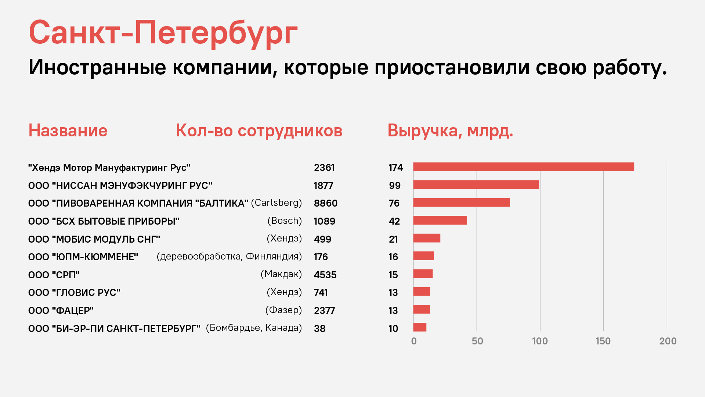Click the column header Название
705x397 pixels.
(x=68, y=130)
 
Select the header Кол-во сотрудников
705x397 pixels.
(x=259, y=131)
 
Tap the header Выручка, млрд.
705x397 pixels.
(x=450, y=131)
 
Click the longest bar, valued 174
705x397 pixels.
(x=524, y=167)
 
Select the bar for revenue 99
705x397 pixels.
(x=476, y=185)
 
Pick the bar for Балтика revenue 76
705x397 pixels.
(x=462, y=203)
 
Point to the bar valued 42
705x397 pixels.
(x=440, y=220)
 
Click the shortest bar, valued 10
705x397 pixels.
(x=420, y=327)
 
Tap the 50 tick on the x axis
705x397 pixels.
(x=477, y=341)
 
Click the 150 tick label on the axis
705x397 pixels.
(x=603, y=341)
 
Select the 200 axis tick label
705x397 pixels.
(x=668, y=341)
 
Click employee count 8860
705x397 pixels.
(x=326, y=203)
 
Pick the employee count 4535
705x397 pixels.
(x=325, y=275)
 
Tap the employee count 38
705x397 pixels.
(x=320, y=329)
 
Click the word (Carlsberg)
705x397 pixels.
(x=276, y=203)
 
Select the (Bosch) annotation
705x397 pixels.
(x=285, y=221)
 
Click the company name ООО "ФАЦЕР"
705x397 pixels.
(x=61, y=311)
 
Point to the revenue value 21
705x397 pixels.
(x=393, y=239)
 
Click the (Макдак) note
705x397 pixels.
(x=281, y=274)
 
